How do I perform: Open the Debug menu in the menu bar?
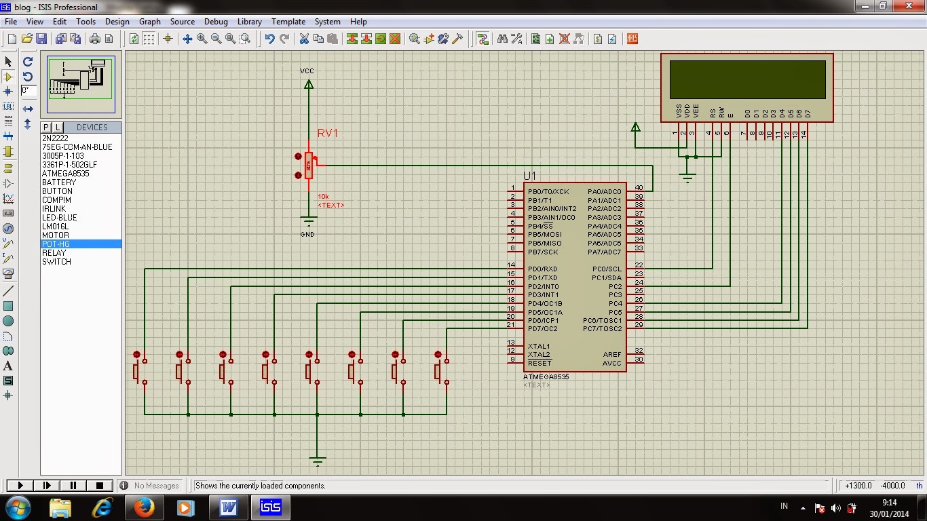pyautogui.click(x=216, y=22)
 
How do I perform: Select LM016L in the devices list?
pyautogui.click(x=55, y=227)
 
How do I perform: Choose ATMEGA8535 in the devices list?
pyautogui.click(x=65, y=174)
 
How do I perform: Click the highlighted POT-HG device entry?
pyautogui.click(x=56, y=244)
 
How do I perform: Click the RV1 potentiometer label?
pyautogui.click(x=327, y=134)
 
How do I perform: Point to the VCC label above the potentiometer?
pyautogui.click(x=307, y=71)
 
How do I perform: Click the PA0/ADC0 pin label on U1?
pyautogui.click(x=604, y=192)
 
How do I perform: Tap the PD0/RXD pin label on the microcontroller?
pyautogui.click(x=542, y=269)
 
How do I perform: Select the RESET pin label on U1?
pyautogui.click(x=540, y=364)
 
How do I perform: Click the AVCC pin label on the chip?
pyautogui.click(x=611, y=364)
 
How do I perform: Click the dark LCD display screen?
pyautogui.click(x=747, y=79)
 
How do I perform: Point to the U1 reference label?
pyautogui.click(x=529, y=176)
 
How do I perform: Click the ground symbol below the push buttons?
pyautogui.click(x=317, y=461)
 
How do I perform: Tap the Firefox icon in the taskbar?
pyautogui.click(x=144, y=507)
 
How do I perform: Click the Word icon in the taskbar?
pyautogui.click(x=228, y=507)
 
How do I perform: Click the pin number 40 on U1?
pyautogui.click(x=639, y=188)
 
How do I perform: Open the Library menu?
pyautogui.click(x=249, y=22)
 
